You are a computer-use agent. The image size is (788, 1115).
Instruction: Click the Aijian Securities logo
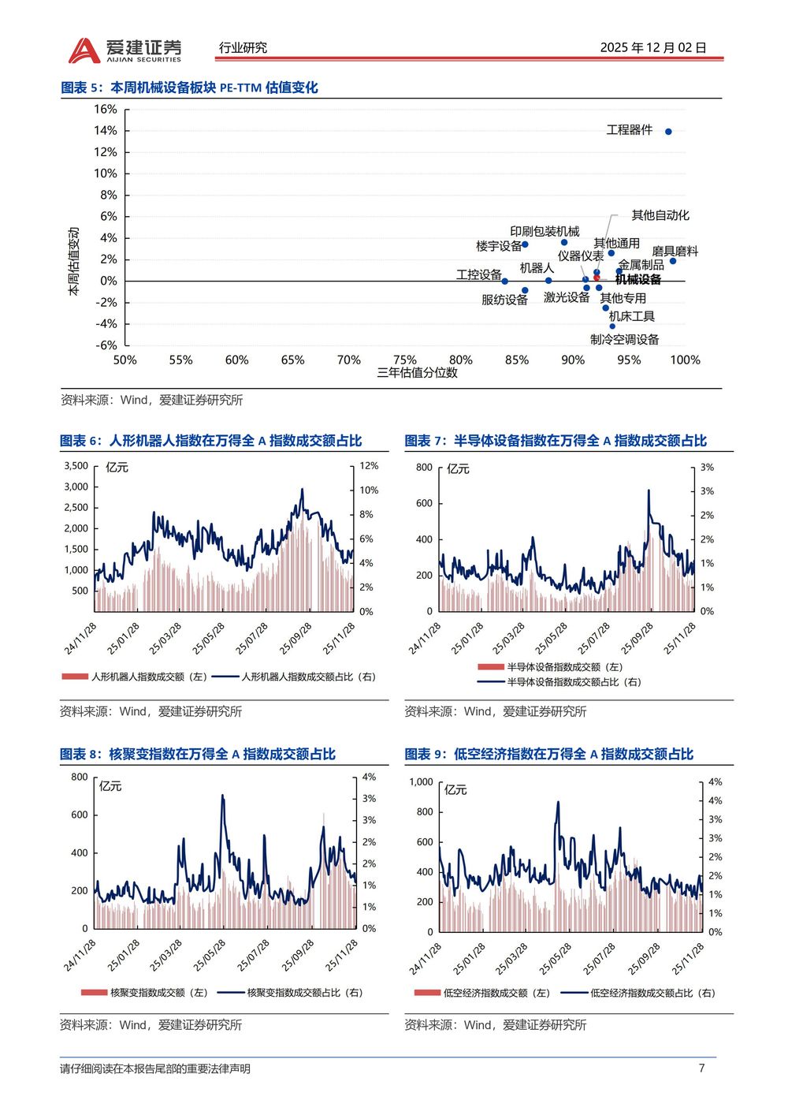[125, 50]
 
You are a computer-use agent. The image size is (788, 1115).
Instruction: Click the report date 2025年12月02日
[652, 47]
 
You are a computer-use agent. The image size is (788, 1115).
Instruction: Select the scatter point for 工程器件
[668, 132]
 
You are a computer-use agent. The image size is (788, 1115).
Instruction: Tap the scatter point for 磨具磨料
[672, 260]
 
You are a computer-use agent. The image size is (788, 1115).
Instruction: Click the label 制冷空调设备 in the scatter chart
[624, 339]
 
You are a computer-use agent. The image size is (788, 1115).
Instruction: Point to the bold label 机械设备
[638, 279]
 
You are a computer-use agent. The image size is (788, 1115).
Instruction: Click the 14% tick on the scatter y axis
[106, 131]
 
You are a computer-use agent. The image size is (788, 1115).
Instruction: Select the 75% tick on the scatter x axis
[404, 360]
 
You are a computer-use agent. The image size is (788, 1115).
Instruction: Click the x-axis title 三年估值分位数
[417, 373]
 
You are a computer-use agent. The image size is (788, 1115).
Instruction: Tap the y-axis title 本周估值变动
[74, 261]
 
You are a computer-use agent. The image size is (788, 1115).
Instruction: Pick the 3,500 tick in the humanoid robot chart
[76, 466]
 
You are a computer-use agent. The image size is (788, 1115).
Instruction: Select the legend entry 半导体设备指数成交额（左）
[564, 667]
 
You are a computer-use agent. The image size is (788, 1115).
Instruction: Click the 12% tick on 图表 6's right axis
[369, 466]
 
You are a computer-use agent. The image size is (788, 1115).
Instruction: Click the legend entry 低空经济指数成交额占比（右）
[652, 993]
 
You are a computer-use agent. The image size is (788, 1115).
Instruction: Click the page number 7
[701, 1068]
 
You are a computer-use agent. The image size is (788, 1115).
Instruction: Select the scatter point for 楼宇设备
[525, 244]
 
